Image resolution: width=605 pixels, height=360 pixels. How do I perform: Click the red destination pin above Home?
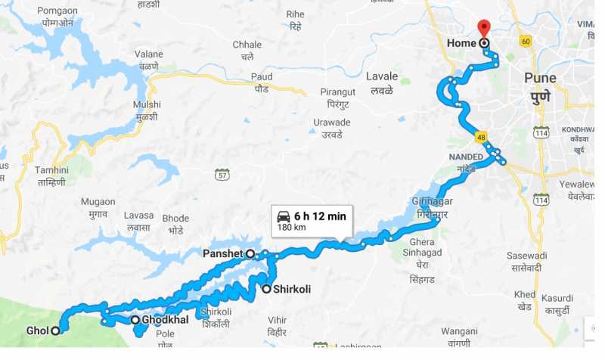click(x=485, y=31)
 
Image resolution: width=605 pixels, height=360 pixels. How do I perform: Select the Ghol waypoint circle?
click(x=55, y=331)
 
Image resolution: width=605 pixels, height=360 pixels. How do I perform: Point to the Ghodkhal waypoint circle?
click(x=135, y=320)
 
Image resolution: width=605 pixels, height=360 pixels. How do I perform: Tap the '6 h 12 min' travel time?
click(x=320, y=216)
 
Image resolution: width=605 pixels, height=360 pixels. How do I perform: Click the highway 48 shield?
click(x=481, y=137)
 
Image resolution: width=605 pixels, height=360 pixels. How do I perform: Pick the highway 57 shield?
click(x=221, y=174)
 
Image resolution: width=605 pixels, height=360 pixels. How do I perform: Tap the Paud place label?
click(x=262, y=82)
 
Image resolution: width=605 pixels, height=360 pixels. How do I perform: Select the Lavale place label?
click(x=381, y=83)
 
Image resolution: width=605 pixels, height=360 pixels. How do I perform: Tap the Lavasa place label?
click(x=140, y=222)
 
